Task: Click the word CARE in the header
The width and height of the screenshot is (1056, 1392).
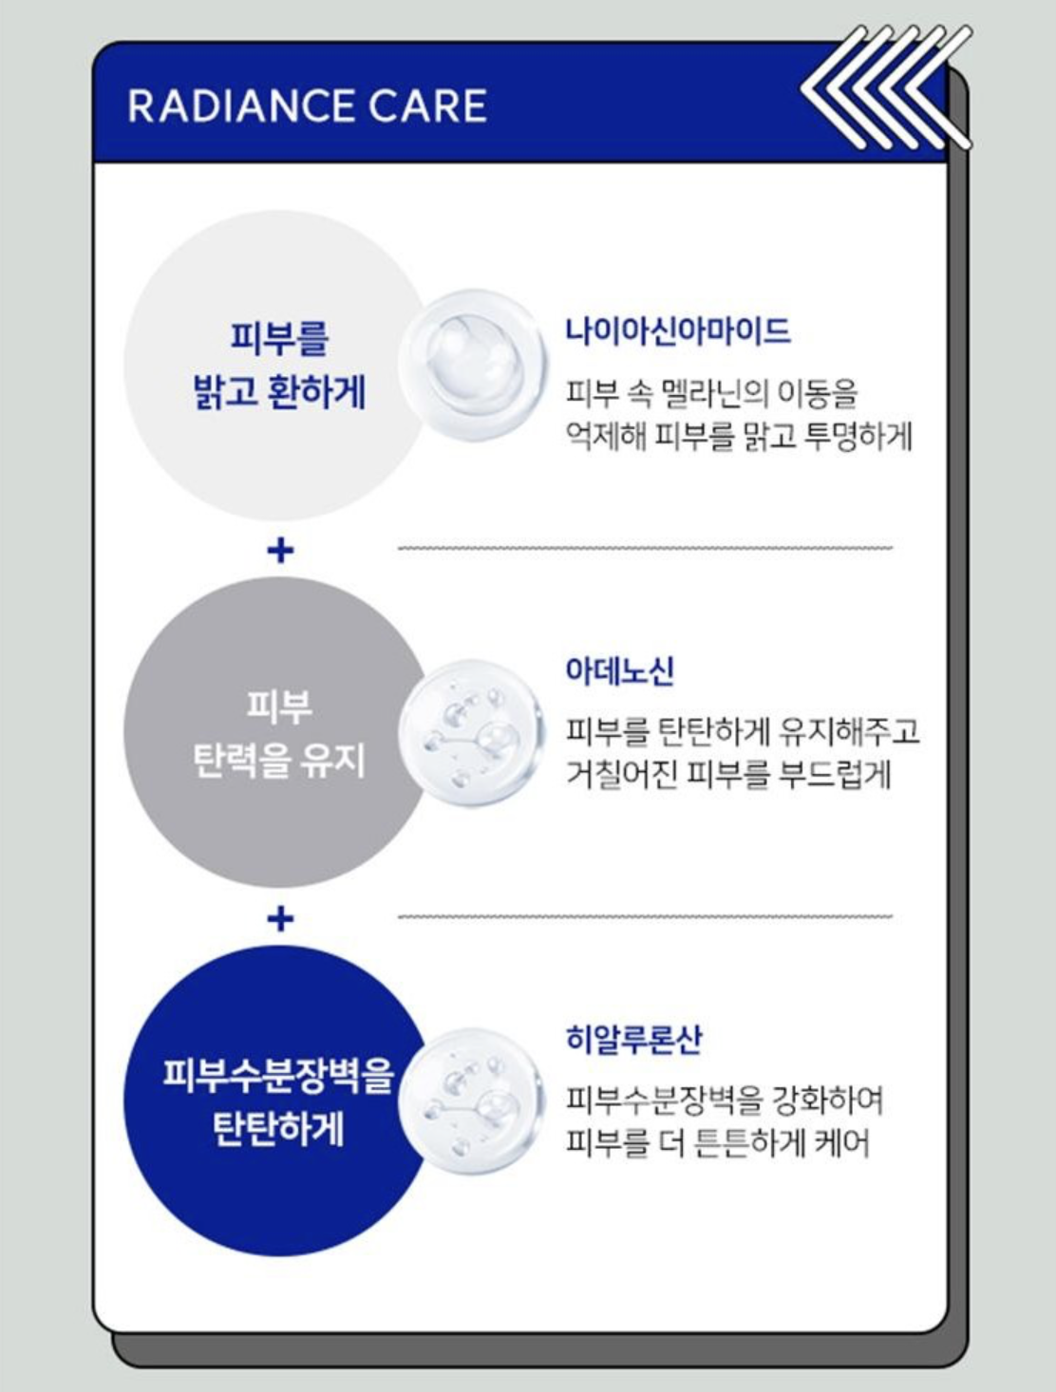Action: click(x=427, y=106)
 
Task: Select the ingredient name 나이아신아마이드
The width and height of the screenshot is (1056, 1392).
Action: click(x=678, y=330)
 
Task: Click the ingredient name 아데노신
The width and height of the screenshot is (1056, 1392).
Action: click(x=620, y=670)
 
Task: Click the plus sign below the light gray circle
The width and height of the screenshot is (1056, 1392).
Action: click(x=280, y=551)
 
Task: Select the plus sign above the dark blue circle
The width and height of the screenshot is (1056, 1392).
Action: click(x=280, y=919)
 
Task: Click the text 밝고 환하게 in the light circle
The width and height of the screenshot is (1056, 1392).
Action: click(x=279, y=392)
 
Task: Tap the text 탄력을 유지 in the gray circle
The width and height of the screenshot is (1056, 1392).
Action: click(x=279, y=761)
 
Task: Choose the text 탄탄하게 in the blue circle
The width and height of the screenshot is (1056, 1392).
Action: click(x=279, y=1129)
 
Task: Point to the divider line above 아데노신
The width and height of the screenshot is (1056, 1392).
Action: click(x=645, y=547)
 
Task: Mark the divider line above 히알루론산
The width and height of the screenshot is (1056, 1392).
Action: click(x=645, y=916)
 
